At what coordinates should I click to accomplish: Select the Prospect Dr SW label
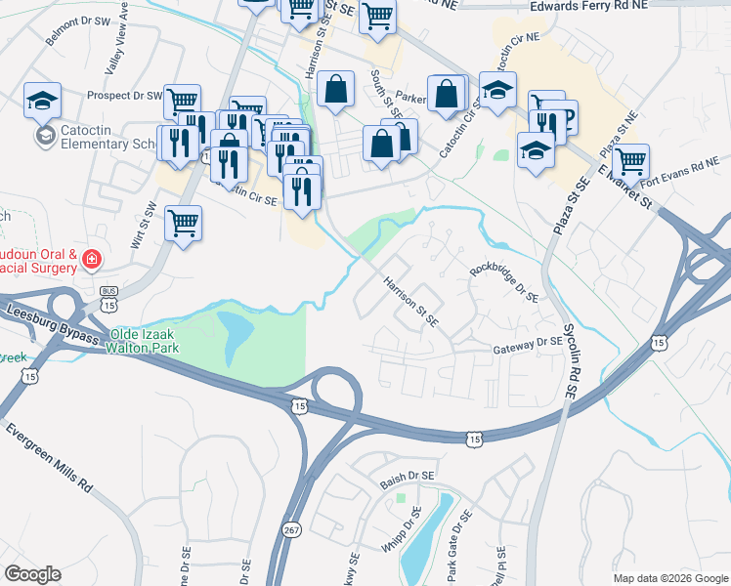[x=124, y=96]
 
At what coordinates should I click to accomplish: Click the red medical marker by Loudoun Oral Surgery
[x=91, y=260]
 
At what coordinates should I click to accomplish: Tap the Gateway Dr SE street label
[x=528, y=344]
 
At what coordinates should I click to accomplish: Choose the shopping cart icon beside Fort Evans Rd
[x=631, y=160]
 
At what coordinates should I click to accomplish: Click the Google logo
[x=32, y=574]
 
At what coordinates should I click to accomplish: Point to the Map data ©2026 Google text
[x=669, y=578]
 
